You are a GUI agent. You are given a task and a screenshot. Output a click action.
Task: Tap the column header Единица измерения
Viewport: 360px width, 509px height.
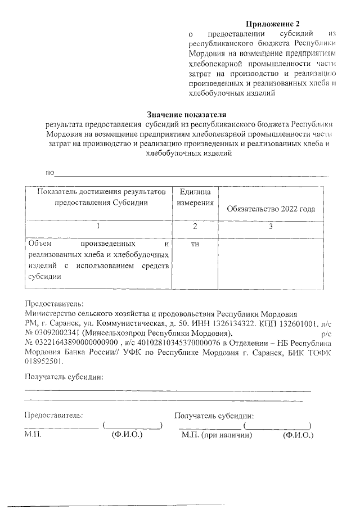click(195, 197)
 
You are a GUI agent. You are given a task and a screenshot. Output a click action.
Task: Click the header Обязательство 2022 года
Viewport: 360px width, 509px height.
click(271, 209)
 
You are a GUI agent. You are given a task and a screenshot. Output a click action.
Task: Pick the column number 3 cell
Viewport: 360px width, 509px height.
click(271, 227)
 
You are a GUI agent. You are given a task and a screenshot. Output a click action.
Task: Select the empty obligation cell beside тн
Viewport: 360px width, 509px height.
click(271, 264)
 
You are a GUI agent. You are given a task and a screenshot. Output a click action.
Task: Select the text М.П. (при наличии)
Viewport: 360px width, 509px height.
click(215, 435)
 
